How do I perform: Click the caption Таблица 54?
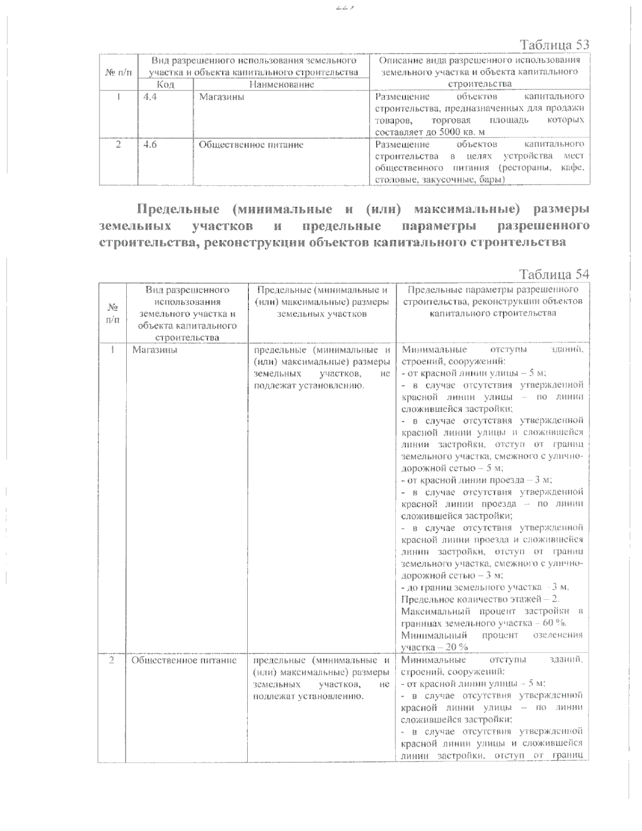pos(555,274)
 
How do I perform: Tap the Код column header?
pos(165,85)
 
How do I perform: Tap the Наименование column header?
pos(281,85)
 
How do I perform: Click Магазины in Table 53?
pos(221,97)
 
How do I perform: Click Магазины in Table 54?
pos(155,350)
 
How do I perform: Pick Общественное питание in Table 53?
pos(251,144)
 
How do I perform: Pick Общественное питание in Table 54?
pos(184,660)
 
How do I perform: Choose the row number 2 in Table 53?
pos(118,144)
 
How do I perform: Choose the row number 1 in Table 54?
pos(112,350)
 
